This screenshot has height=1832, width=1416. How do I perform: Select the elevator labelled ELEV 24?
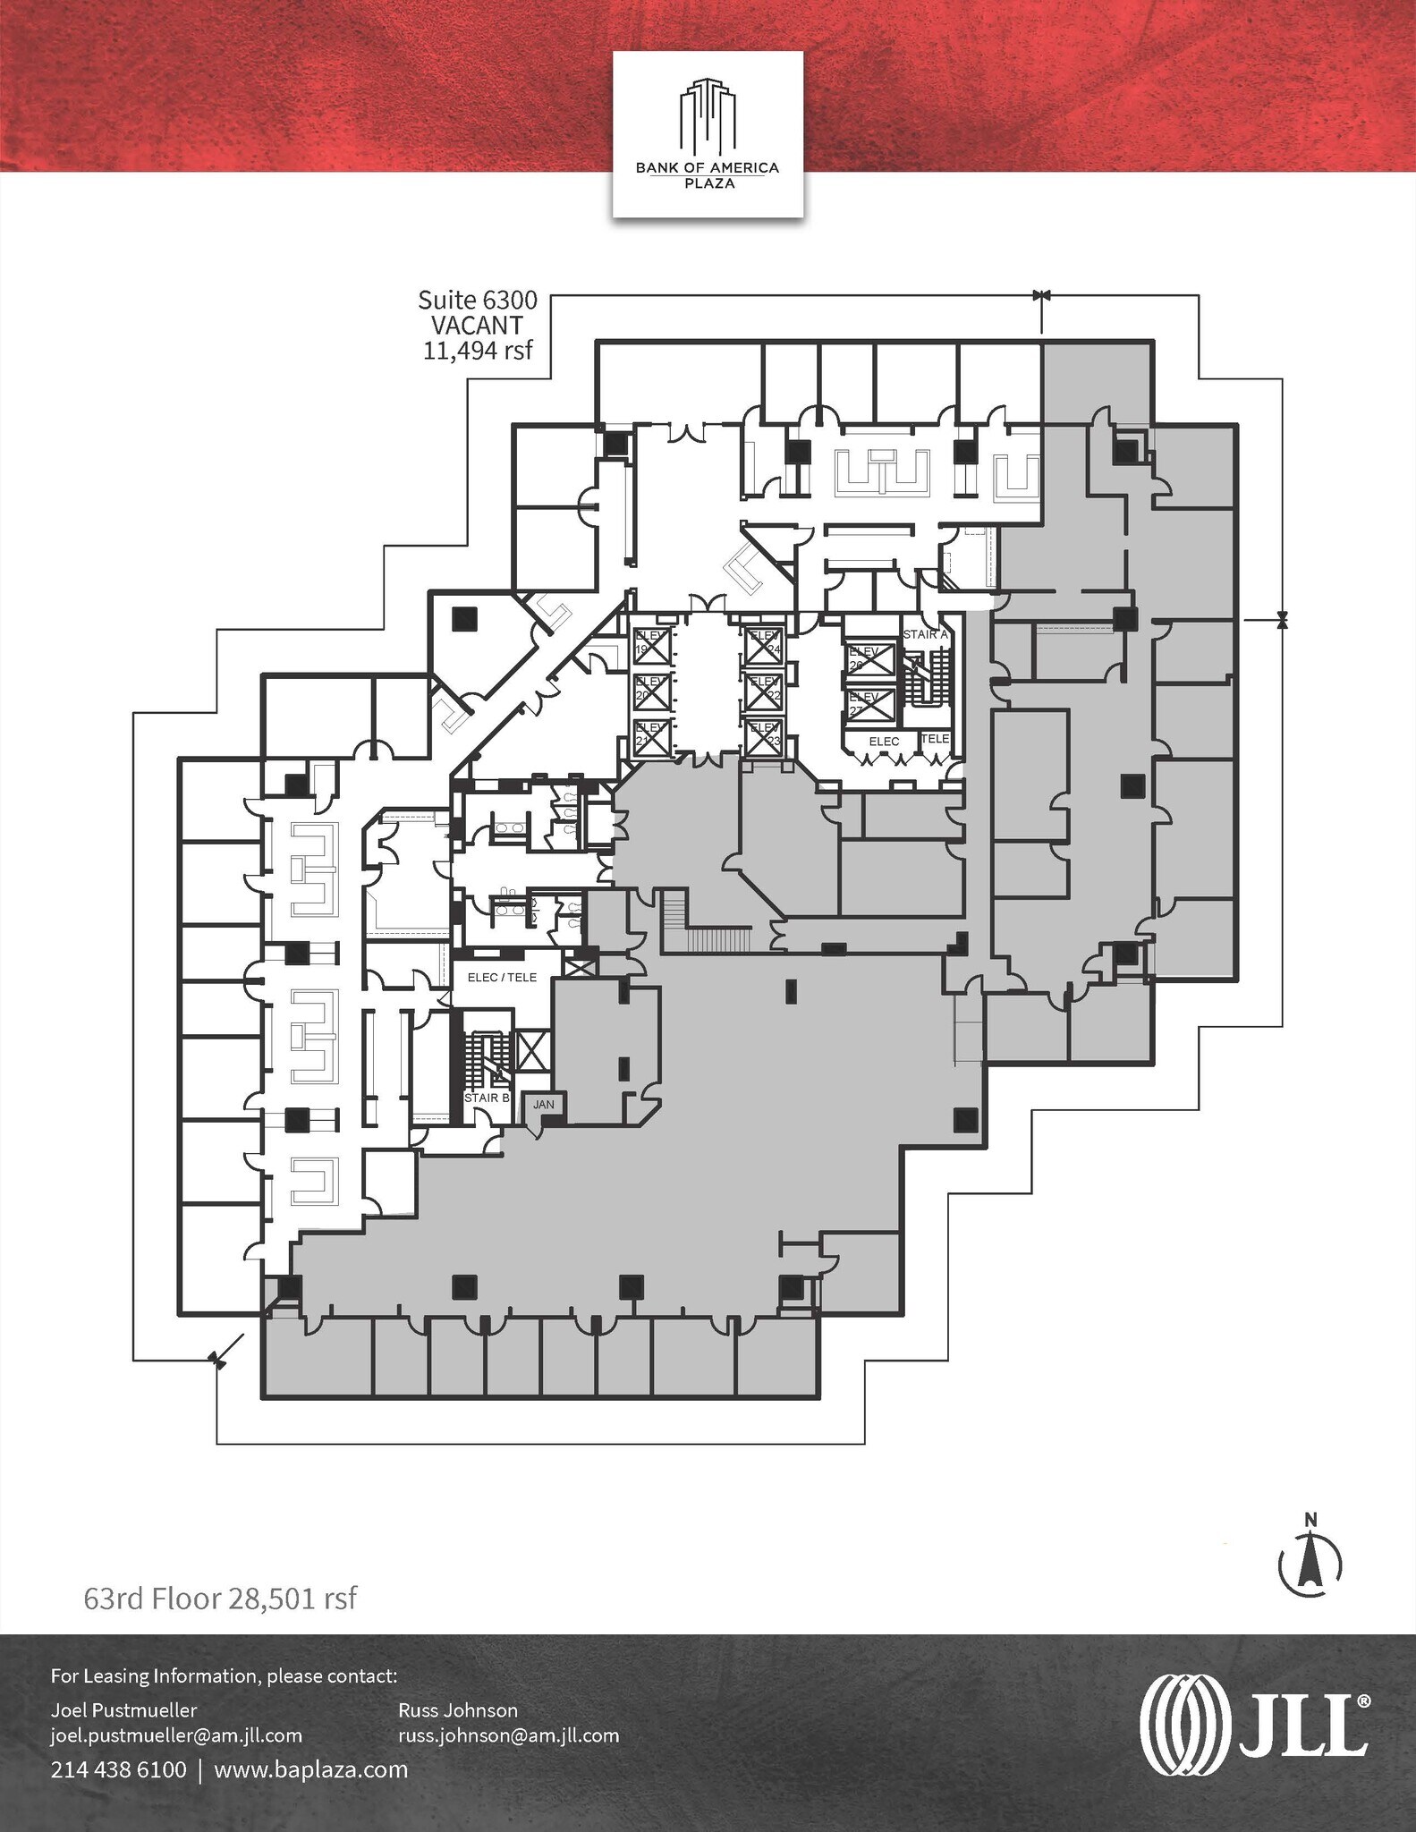764,644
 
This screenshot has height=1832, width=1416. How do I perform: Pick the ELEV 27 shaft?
870,703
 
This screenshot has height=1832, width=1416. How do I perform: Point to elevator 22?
764,691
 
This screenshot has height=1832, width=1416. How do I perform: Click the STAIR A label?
924,634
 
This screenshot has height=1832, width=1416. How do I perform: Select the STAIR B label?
486,1098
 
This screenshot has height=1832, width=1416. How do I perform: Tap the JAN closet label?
544,1105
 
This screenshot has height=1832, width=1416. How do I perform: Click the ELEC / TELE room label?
502,978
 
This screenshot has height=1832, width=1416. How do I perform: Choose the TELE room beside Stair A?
936,739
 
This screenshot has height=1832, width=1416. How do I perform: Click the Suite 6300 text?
478,301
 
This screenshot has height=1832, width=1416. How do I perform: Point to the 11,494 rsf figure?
478,350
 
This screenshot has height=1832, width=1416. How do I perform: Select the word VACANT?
478,326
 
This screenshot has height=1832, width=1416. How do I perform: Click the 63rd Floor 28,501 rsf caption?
220,1597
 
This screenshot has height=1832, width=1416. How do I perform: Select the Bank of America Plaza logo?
707,134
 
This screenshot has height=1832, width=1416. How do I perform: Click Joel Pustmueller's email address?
176,1734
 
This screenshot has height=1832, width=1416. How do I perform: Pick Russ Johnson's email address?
508,1734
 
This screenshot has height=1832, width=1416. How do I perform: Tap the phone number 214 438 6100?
119,1768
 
